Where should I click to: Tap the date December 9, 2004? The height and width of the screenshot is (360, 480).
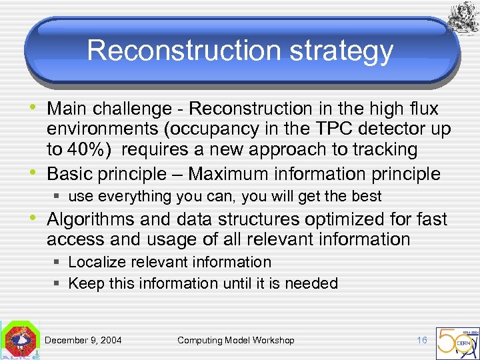(83, 340)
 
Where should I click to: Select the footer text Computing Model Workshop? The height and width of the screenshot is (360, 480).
(235, 340)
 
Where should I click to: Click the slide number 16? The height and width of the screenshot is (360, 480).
(421, 340)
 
